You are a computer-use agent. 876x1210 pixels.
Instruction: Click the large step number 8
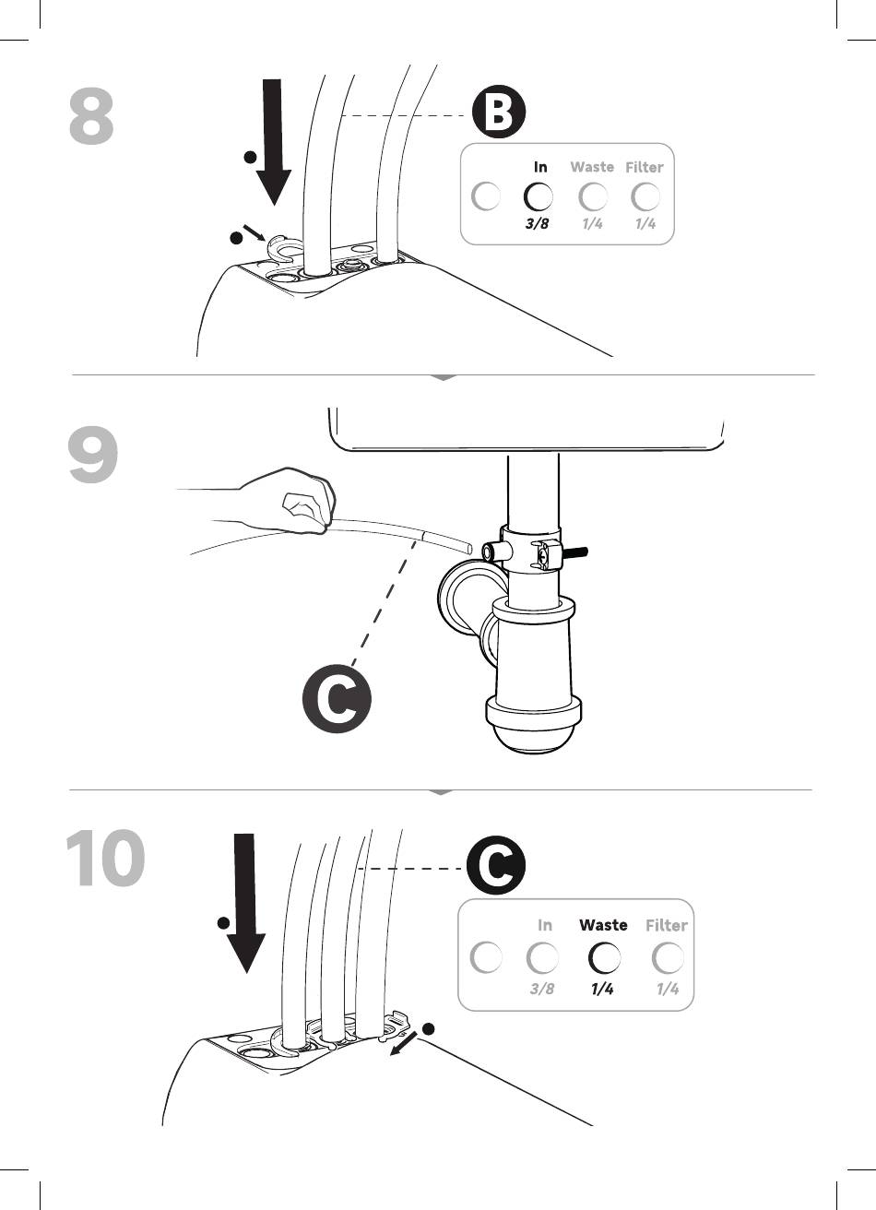click(92, 117)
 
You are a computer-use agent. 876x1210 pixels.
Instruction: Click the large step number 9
click(93, 457)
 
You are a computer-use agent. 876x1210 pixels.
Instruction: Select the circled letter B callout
click(499, 115)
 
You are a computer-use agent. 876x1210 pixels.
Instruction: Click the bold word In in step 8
click(540, 167)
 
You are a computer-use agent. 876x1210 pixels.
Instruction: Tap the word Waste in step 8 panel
click(592, 167)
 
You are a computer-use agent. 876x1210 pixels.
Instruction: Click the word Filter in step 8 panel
click(645, 167)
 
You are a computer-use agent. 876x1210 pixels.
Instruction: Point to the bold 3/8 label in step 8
click(537, 223)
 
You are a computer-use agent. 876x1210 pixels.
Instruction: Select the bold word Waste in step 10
click(603, 925)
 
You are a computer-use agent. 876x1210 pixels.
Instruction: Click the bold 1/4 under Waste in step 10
click(602, 989)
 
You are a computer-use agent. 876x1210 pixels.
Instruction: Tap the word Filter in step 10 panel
click(667, 925)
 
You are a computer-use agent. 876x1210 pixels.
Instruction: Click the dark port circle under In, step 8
click(538, 196)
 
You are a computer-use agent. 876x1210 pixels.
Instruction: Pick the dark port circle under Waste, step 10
click(603, 959)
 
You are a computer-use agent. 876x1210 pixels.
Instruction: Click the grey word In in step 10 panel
click(545, 925)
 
